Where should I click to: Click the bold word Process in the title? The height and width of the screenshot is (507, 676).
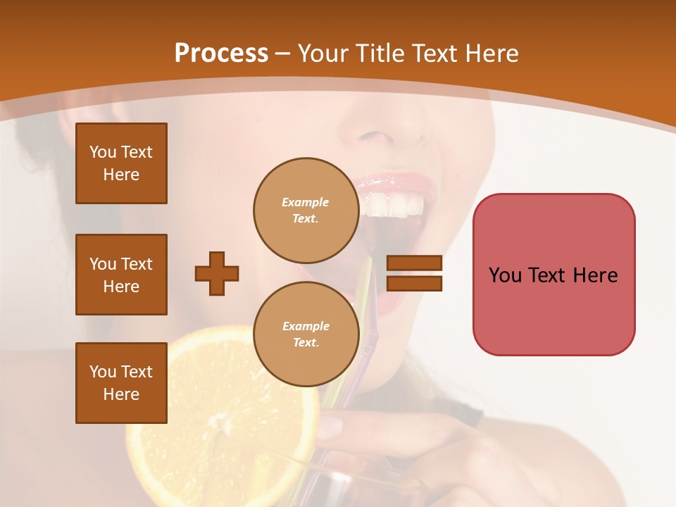tap(221, 54)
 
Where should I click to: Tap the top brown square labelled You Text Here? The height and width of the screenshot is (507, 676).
tap(121, 163)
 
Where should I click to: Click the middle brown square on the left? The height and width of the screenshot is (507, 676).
tap(121, 275)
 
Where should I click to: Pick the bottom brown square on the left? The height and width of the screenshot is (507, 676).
tap(121, 382)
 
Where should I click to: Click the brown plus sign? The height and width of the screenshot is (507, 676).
tap(217, 273)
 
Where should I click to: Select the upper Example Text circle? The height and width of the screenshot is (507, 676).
tap(306, 210)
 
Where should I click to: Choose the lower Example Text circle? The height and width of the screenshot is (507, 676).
tap(306, 334)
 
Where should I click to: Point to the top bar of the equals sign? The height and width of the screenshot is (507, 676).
tap(414, 263)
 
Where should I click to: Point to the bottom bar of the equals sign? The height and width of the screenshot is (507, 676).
tap(414, 284)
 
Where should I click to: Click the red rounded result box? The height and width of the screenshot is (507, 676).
tap(553, 274)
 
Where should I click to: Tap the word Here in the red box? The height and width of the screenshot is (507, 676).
tap(596, 275)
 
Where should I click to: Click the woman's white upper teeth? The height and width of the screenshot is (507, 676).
tap(394, 206)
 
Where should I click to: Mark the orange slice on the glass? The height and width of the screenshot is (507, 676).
tap(218, 415)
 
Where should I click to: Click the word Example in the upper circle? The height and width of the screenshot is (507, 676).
tap(306, 202)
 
